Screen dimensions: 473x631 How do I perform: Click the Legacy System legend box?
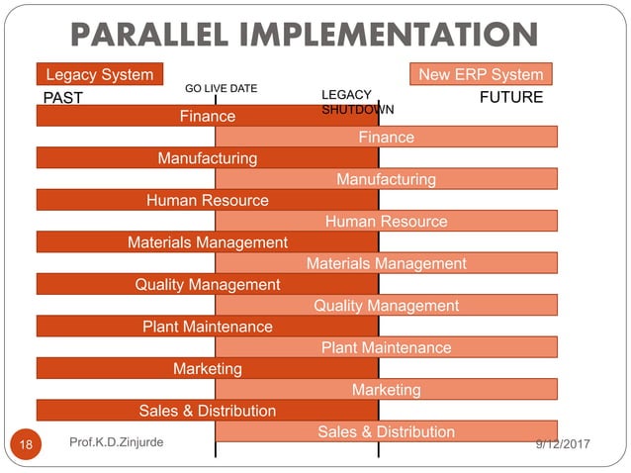click(x=99, y=74)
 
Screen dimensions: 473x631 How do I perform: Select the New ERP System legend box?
click(x=481, y=74)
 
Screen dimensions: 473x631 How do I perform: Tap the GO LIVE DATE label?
click(x=222, y=88)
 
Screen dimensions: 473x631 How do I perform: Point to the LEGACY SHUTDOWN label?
click(x=357, y=102)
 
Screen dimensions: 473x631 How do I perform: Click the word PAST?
click(x=61, y=98)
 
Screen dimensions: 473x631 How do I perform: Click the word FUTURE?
click(x=510, y=97)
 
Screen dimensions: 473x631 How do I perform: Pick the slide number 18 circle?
click(x=27, y=445)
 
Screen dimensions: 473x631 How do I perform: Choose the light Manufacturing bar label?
click(x=386, y=179)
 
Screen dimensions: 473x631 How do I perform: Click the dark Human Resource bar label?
click(x=208, y=200)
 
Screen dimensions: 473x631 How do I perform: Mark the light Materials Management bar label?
click(x=386, y=263)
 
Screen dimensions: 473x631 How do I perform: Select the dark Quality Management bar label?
click(x=208, y=284)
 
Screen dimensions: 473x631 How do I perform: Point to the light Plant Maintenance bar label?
click(x=386, y=347)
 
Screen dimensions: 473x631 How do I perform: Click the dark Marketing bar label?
click(x=208, y=368)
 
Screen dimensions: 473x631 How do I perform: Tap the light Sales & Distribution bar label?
click(x=386, y=431)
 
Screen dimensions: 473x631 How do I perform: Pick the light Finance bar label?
click(x=386, y=138)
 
